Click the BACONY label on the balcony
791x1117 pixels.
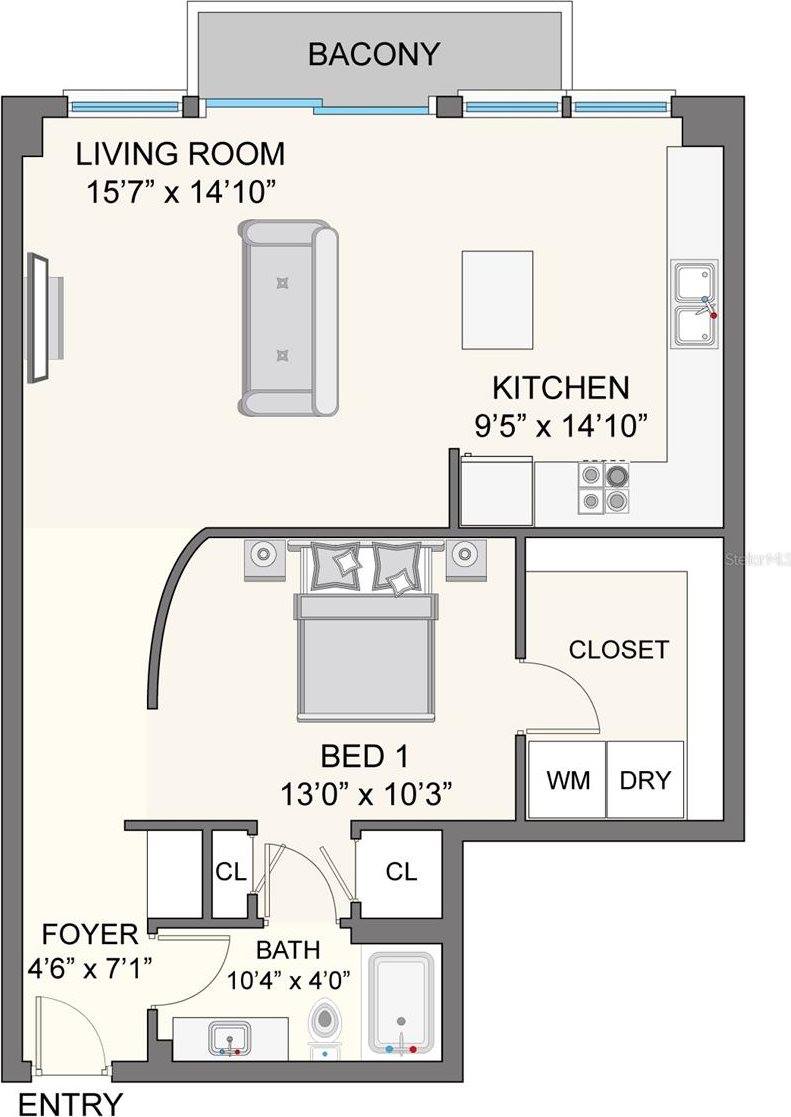[373, 54]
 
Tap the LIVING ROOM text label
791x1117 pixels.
[181, 154]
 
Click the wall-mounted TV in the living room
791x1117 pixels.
[40, 317]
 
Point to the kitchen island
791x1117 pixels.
[497, 299]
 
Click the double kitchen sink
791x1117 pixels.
[694, 305]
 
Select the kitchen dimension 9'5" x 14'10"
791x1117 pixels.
[560, 425]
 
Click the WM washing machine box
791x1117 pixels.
[566, 780]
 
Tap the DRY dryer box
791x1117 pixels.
[645, 780]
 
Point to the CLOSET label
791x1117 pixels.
[618, 649]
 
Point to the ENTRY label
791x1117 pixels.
[72, 1104]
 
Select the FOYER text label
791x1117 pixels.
[90, 935]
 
